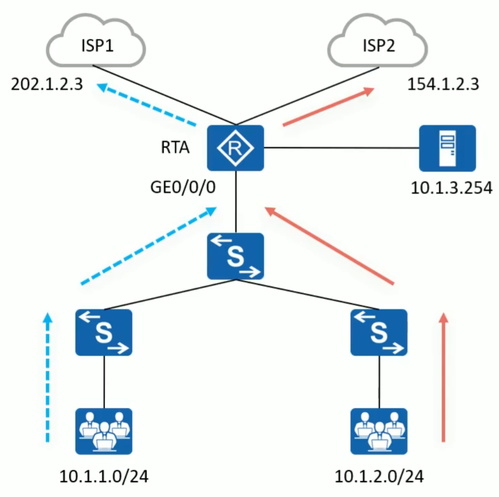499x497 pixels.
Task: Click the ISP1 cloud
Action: (x=96, y=45)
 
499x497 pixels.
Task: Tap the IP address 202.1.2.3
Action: (x=47, y=84)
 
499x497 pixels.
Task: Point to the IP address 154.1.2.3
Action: (x=443, y=84)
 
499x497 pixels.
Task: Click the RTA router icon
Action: (x=235, y=148)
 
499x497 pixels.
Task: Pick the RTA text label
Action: (x=175, y=149)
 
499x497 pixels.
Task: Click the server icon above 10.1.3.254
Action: (x=447, y=148)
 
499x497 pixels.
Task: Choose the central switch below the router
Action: (x=235, y=256)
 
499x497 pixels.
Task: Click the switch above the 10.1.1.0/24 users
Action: (x=104, y=333)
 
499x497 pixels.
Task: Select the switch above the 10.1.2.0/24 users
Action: (x=379, y=333)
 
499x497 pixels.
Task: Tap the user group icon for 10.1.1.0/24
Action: (x=104, y=431)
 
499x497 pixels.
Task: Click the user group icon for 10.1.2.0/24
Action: (x=379, y=431)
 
